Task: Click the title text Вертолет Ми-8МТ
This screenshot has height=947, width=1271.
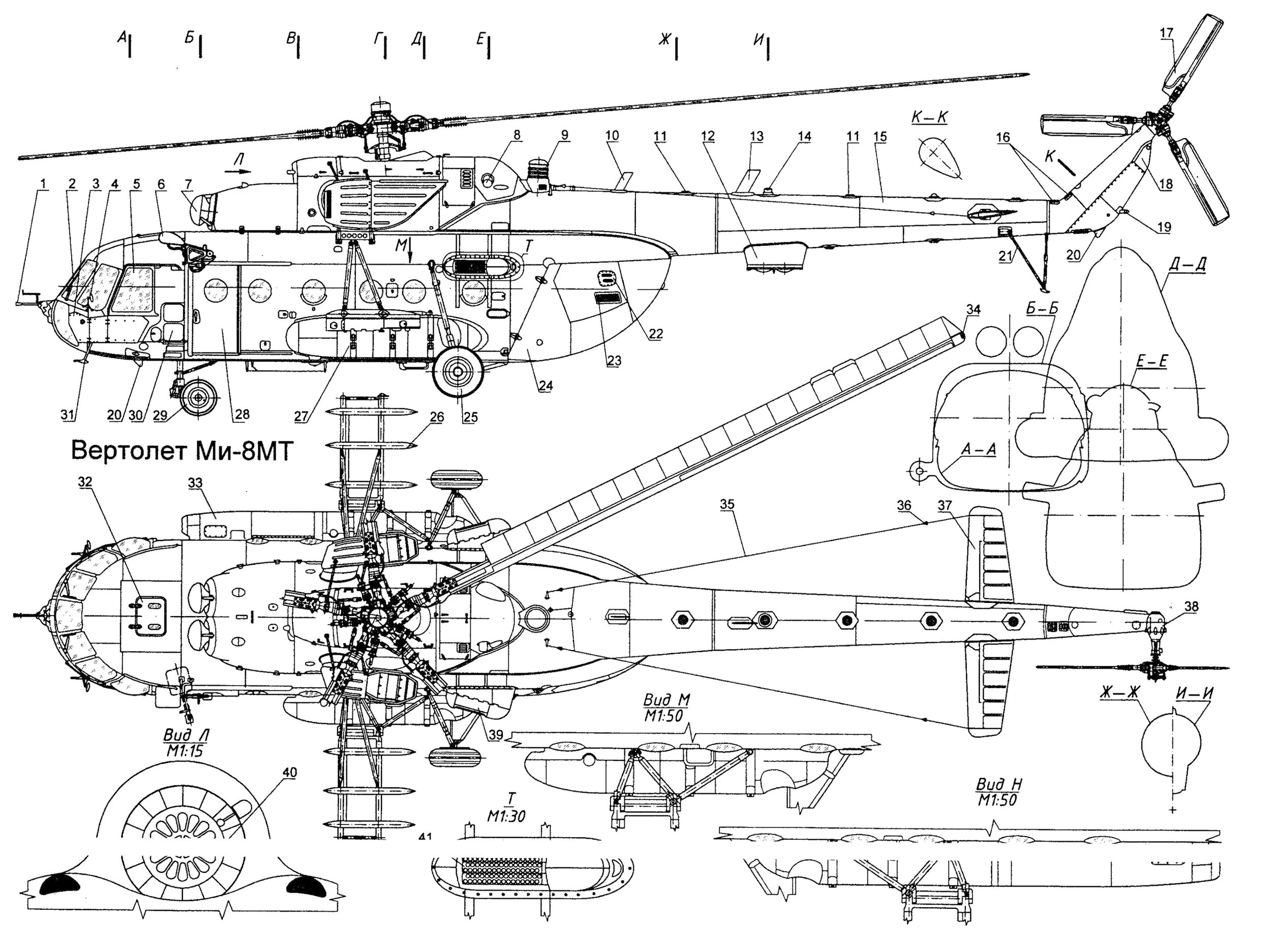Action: [x=181, y=451]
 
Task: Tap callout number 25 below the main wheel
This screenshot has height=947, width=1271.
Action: [x=470, y=417]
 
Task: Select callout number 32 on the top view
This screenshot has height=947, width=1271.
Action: [x=85, y=483]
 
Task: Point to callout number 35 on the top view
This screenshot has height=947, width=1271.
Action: [x=728, y=504]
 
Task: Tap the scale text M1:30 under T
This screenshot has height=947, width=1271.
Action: [x=506, y=816]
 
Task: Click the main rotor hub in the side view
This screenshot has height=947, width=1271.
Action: [x=378, y=129]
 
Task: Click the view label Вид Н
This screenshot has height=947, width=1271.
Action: [x=999, y=785]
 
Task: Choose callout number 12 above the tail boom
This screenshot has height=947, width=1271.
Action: [x=708, y=136]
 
